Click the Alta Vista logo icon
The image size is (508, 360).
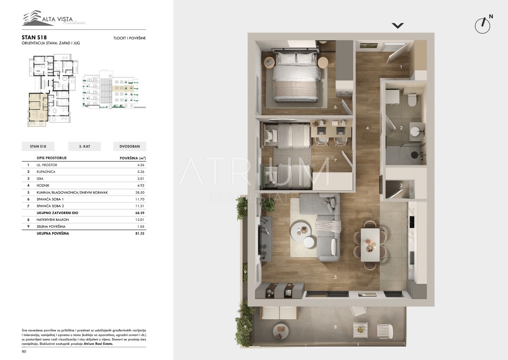32,18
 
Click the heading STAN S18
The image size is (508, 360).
34,37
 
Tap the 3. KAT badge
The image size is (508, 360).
84,146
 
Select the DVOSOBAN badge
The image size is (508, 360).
130,146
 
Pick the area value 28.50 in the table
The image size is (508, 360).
140,192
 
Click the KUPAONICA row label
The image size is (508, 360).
46,172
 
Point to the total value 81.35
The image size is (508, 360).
140,233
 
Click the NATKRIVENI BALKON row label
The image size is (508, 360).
53,220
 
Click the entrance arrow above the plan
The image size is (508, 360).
398,26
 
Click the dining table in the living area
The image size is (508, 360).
370,245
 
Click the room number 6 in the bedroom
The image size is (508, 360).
335,107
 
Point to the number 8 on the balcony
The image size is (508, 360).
335,327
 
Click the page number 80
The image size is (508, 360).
24,352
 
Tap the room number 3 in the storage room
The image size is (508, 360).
401,185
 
